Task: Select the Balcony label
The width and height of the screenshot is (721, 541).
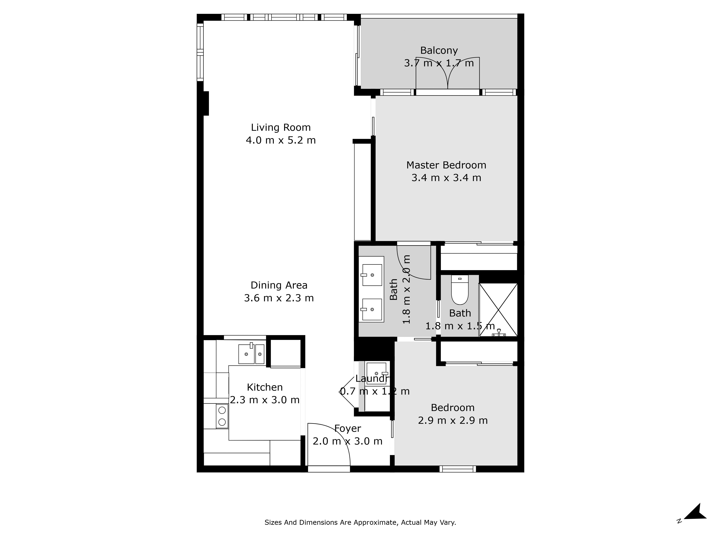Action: (x=439, y=50)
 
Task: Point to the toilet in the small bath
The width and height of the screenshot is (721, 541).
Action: (x=460, y=289)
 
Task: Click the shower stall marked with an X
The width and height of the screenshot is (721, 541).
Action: (x=498, y=310)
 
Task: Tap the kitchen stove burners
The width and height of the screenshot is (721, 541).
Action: (x=222, y=416)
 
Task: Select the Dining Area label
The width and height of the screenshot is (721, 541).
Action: (x=279, y=285)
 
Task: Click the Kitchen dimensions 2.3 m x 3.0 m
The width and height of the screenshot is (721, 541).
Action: (x=265, y=400)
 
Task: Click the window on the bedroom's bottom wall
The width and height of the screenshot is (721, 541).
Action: (x=458, y=469)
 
